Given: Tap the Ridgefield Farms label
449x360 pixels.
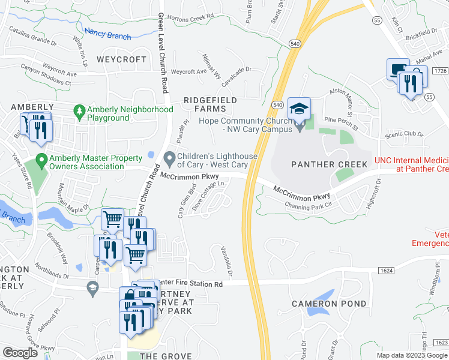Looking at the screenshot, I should (210, 104).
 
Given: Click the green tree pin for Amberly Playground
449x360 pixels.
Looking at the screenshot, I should (79, 111).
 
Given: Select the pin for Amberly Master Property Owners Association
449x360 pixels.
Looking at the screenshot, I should (41, 160).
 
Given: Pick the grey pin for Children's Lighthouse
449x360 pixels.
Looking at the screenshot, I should (170, 159).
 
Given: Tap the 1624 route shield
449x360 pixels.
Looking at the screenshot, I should (387, 271).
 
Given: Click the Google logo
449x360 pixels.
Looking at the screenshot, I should (20, 353).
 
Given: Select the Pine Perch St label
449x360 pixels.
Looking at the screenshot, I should (340, 121).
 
